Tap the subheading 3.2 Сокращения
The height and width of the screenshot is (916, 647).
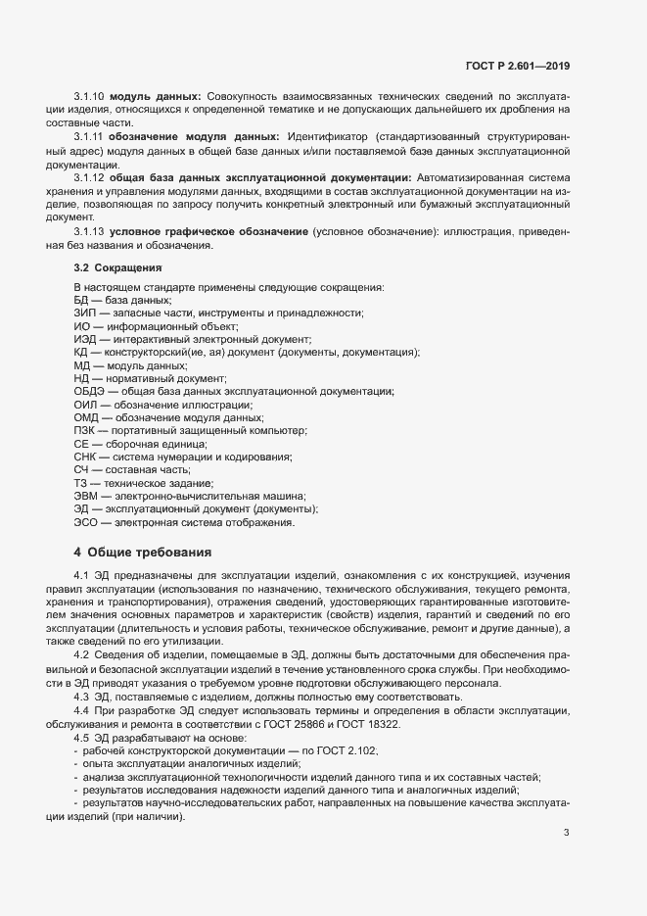point(116,266)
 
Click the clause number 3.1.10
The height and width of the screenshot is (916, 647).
point(90,96)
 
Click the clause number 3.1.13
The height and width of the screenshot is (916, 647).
point(90,230)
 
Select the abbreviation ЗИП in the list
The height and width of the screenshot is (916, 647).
point(85,313)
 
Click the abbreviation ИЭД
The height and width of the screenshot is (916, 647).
point(85,339)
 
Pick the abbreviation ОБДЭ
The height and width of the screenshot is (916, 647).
point(89,392)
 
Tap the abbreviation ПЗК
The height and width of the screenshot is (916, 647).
point(85,431)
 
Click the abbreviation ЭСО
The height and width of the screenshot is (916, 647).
point(86,523)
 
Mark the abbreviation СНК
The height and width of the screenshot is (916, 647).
point(85,458)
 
